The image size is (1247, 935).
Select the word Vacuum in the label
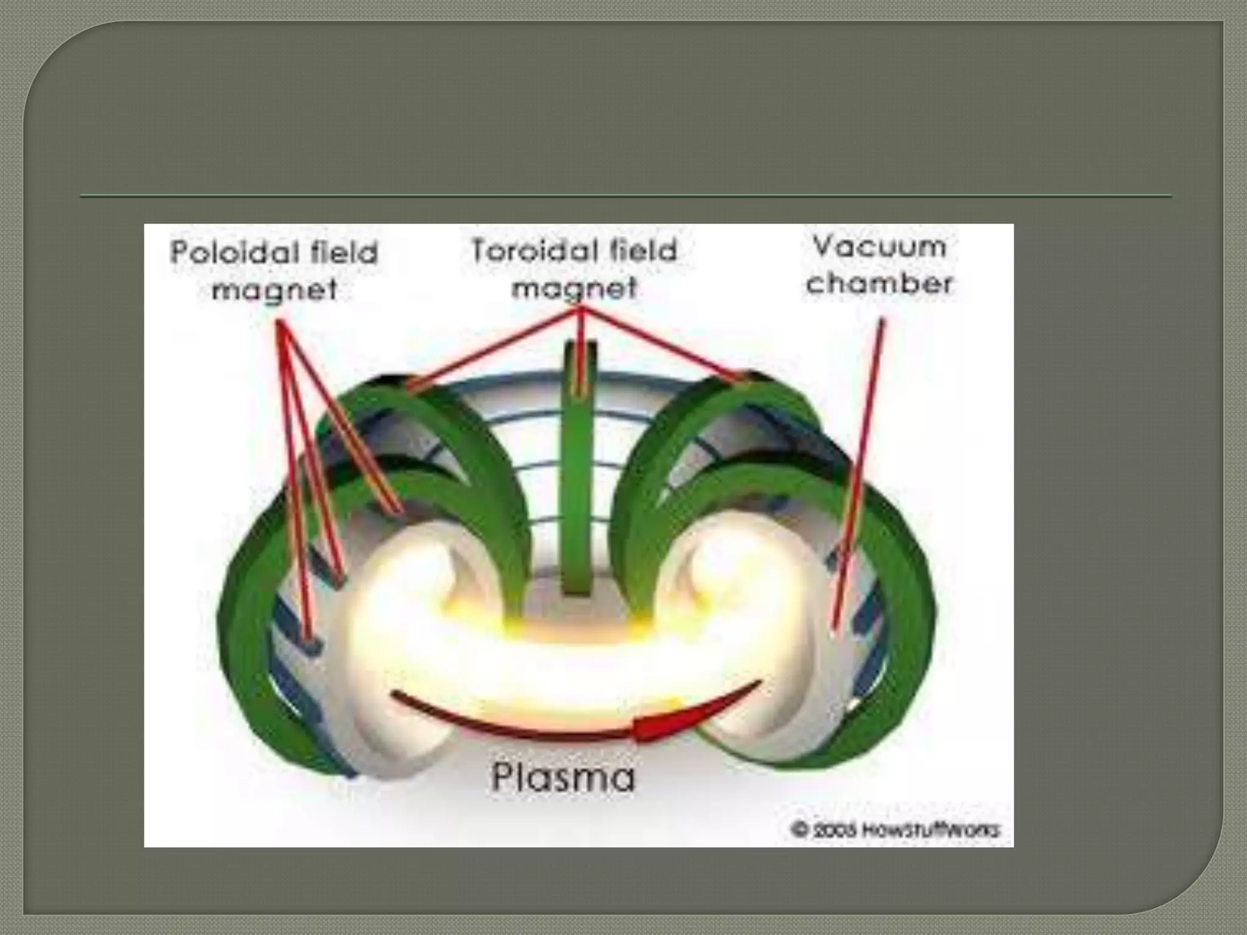pos(879,247)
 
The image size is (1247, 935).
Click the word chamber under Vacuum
pos(879,284)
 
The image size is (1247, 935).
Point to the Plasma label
pos(563,777)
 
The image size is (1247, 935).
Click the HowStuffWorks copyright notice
pos(895,830)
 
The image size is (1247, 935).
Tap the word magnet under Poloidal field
pos(274,289)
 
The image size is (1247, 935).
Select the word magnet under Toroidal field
pos(574,287)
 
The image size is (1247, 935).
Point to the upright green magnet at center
pos(578,487)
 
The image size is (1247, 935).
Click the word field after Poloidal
pos(344,252)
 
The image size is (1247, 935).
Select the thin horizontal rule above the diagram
pos(626,196)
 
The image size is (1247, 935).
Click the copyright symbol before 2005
pos(799,830)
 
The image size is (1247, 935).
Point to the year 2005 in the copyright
pos(823,830)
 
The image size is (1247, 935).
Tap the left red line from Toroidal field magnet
pos(493,347)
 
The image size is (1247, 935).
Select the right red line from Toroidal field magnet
pos(664,344)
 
